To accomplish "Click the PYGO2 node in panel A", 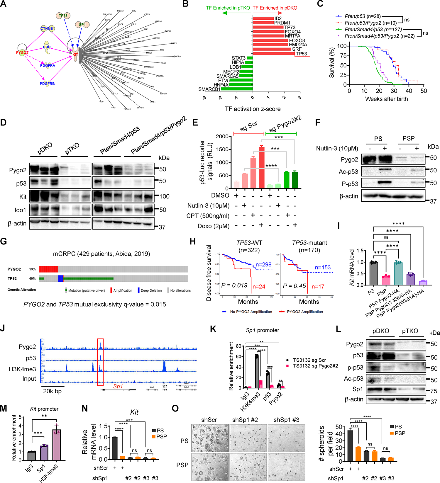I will coord(22,53).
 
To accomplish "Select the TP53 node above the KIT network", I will coord(63,16).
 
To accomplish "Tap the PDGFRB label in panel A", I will coord(47,84).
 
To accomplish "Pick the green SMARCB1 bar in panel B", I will coord(237,89).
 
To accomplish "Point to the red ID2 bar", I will coord(263,18).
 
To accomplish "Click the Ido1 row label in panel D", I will coord(21,210).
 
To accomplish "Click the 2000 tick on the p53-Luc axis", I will coord(222,137).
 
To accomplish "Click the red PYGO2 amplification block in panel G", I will coord(48,269).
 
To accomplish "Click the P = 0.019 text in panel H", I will coord(234,285).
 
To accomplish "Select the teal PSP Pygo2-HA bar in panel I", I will coord(398,274).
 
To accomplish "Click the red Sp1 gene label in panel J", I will coord(118,386).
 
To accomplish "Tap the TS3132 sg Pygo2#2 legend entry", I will coord(315,366).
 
